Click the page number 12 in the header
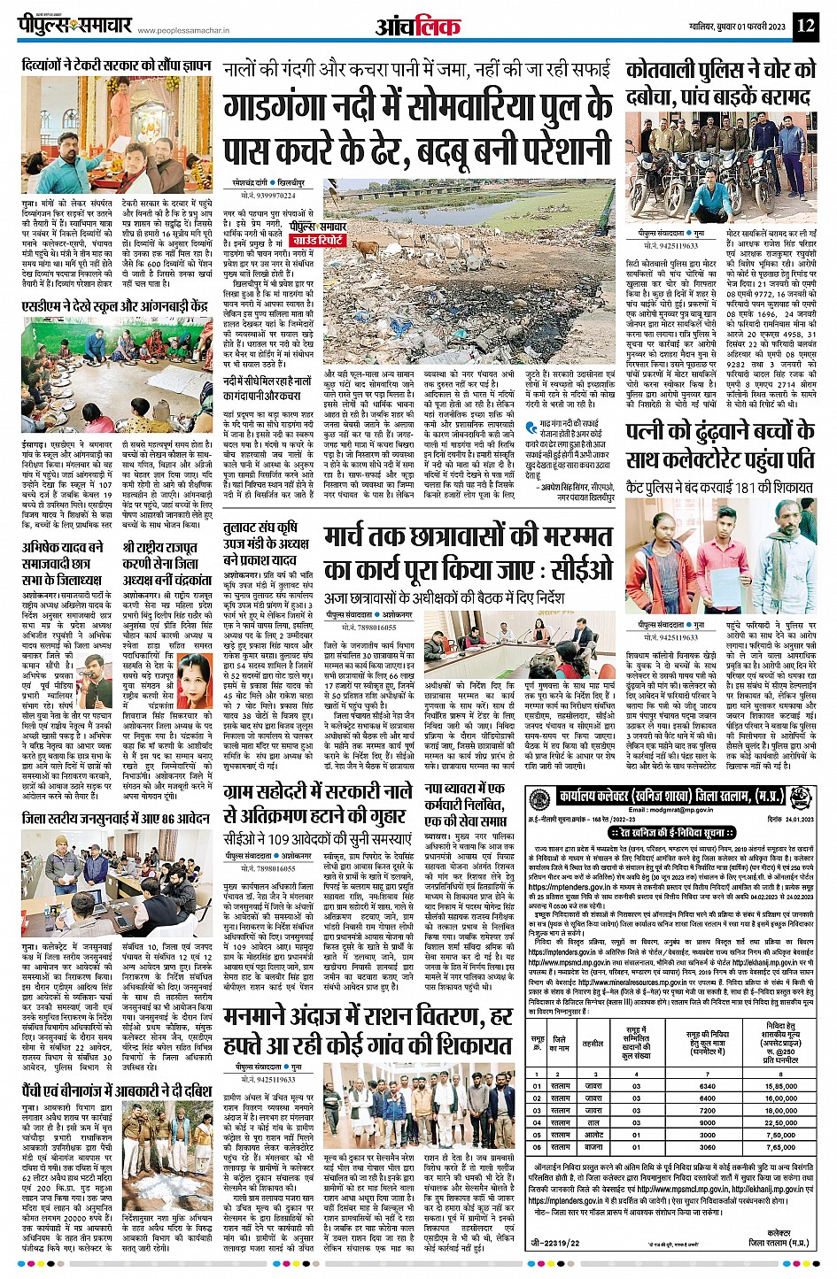click(805, 25)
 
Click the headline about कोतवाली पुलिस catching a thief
click(721, 83)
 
